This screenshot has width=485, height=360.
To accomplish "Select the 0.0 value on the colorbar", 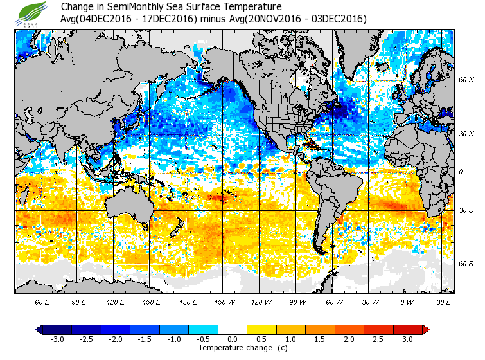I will [x=233, y=339].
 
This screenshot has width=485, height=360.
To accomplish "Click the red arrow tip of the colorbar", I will [x=426, y=330].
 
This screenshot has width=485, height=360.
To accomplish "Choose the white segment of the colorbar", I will [x=233, y=330].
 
